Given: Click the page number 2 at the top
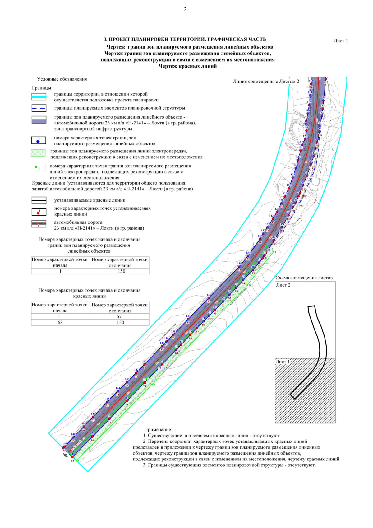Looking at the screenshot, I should [x=185, y=9].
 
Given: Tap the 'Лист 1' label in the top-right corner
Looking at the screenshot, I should [x=340, y=41].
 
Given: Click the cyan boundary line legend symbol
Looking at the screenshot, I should [x=39, y=97].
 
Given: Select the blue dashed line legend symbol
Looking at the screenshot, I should [x=39, y=108].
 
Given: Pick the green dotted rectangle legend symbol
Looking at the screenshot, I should [x=39, y=153].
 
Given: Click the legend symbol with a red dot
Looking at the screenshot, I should [x=39, y=212].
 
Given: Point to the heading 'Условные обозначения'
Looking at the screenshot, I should [x=62, y=79].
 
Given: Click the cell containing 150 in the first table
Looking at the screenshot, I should [x=121, y=271].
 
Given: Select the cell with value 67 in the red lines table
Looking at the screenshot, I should [x=120, y=316].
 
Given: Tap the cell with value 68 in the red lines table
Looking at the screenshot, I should [x=60, y=322].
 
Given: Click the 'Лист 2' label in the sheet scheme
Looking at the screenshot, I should [x=283, y=285].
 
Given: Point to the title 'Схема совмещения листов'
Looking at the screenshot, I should [x=304, y=278].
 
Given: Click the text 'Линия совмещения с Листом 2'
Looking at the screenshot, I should [x=266, y=82].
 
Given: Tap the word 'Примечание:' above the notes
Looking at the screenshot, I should [x=158, y=430].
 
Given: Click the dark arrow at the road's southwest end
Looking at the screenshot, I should [x=66, y=455].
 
